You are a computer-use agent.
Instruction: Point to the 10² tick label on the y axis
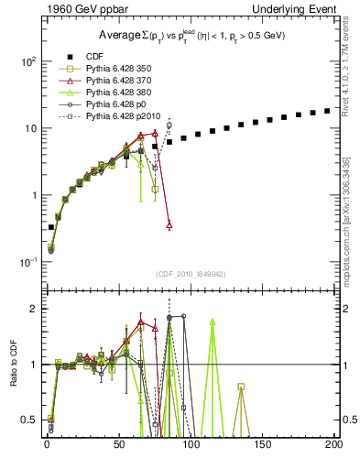coord(28,61)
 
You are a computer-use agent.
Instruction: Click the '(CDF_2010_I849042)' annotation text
coord(191,274)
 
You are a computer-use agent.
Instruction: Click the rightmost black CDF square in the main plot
coord(327,111)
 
